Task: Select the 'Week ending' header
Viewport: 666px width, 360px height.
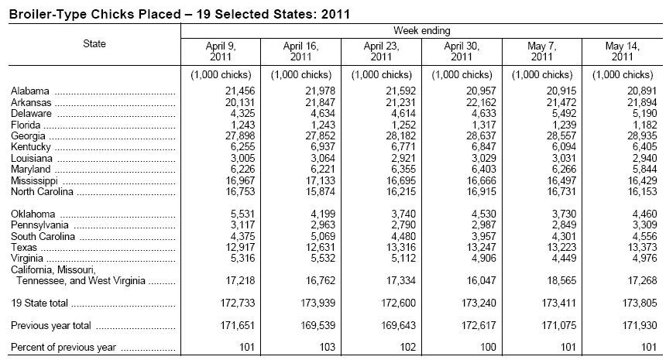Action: [x=421, y=30]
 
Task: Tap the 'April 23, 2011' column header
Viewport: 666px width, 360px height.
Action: [x=381, y=51]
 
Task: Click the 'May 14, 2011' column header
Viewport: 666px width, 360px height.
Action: [x=624, y=51]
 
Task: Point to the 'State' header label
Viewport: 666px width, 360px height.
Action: [x=94, y=44]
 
